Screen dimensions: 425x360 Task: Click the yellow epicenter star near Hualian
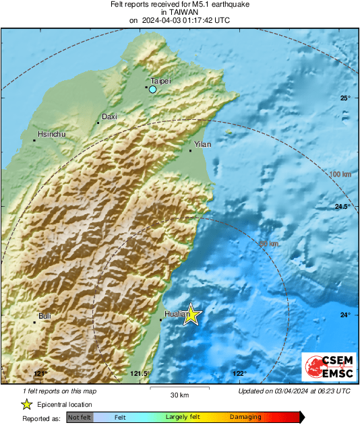tap(191, 315)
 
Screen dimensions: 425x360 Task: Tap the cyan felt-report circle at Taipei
tap(153, 89)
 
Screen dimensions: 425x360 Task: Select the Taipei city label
tap(160, 81)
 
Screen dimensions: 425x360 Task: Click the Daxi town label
tap(109, 117)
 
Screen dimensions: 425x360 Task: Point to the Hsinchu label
tap(52, 135)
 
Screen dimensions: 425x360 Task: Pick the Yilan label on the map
tap(202, 144)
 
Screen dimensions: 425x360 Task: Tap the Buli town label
tap(44, 316)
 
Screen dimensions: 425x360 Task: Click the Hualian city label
tap(176, 314)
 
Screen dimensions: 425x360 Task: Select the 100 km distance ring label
tap(340, 174)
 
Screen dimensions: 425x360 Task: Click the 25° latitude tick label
tap(345, 98)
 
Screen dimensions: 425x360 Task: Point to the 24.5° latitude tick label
tap(343, 207)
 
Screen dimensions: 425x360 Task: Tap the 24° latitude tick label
tap(345, 315)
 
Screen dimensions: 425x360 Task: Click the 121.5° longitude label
tap(139, 374)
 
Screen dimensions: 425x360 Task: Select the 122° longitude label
tap(239, 374)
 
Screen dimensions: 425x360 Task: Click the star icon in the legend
tap(26, 404)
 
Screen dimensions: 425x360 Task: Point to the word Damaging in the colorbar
tap(245, 418)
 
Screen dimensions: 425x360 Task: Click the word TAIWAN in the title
tap(179, 12)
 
